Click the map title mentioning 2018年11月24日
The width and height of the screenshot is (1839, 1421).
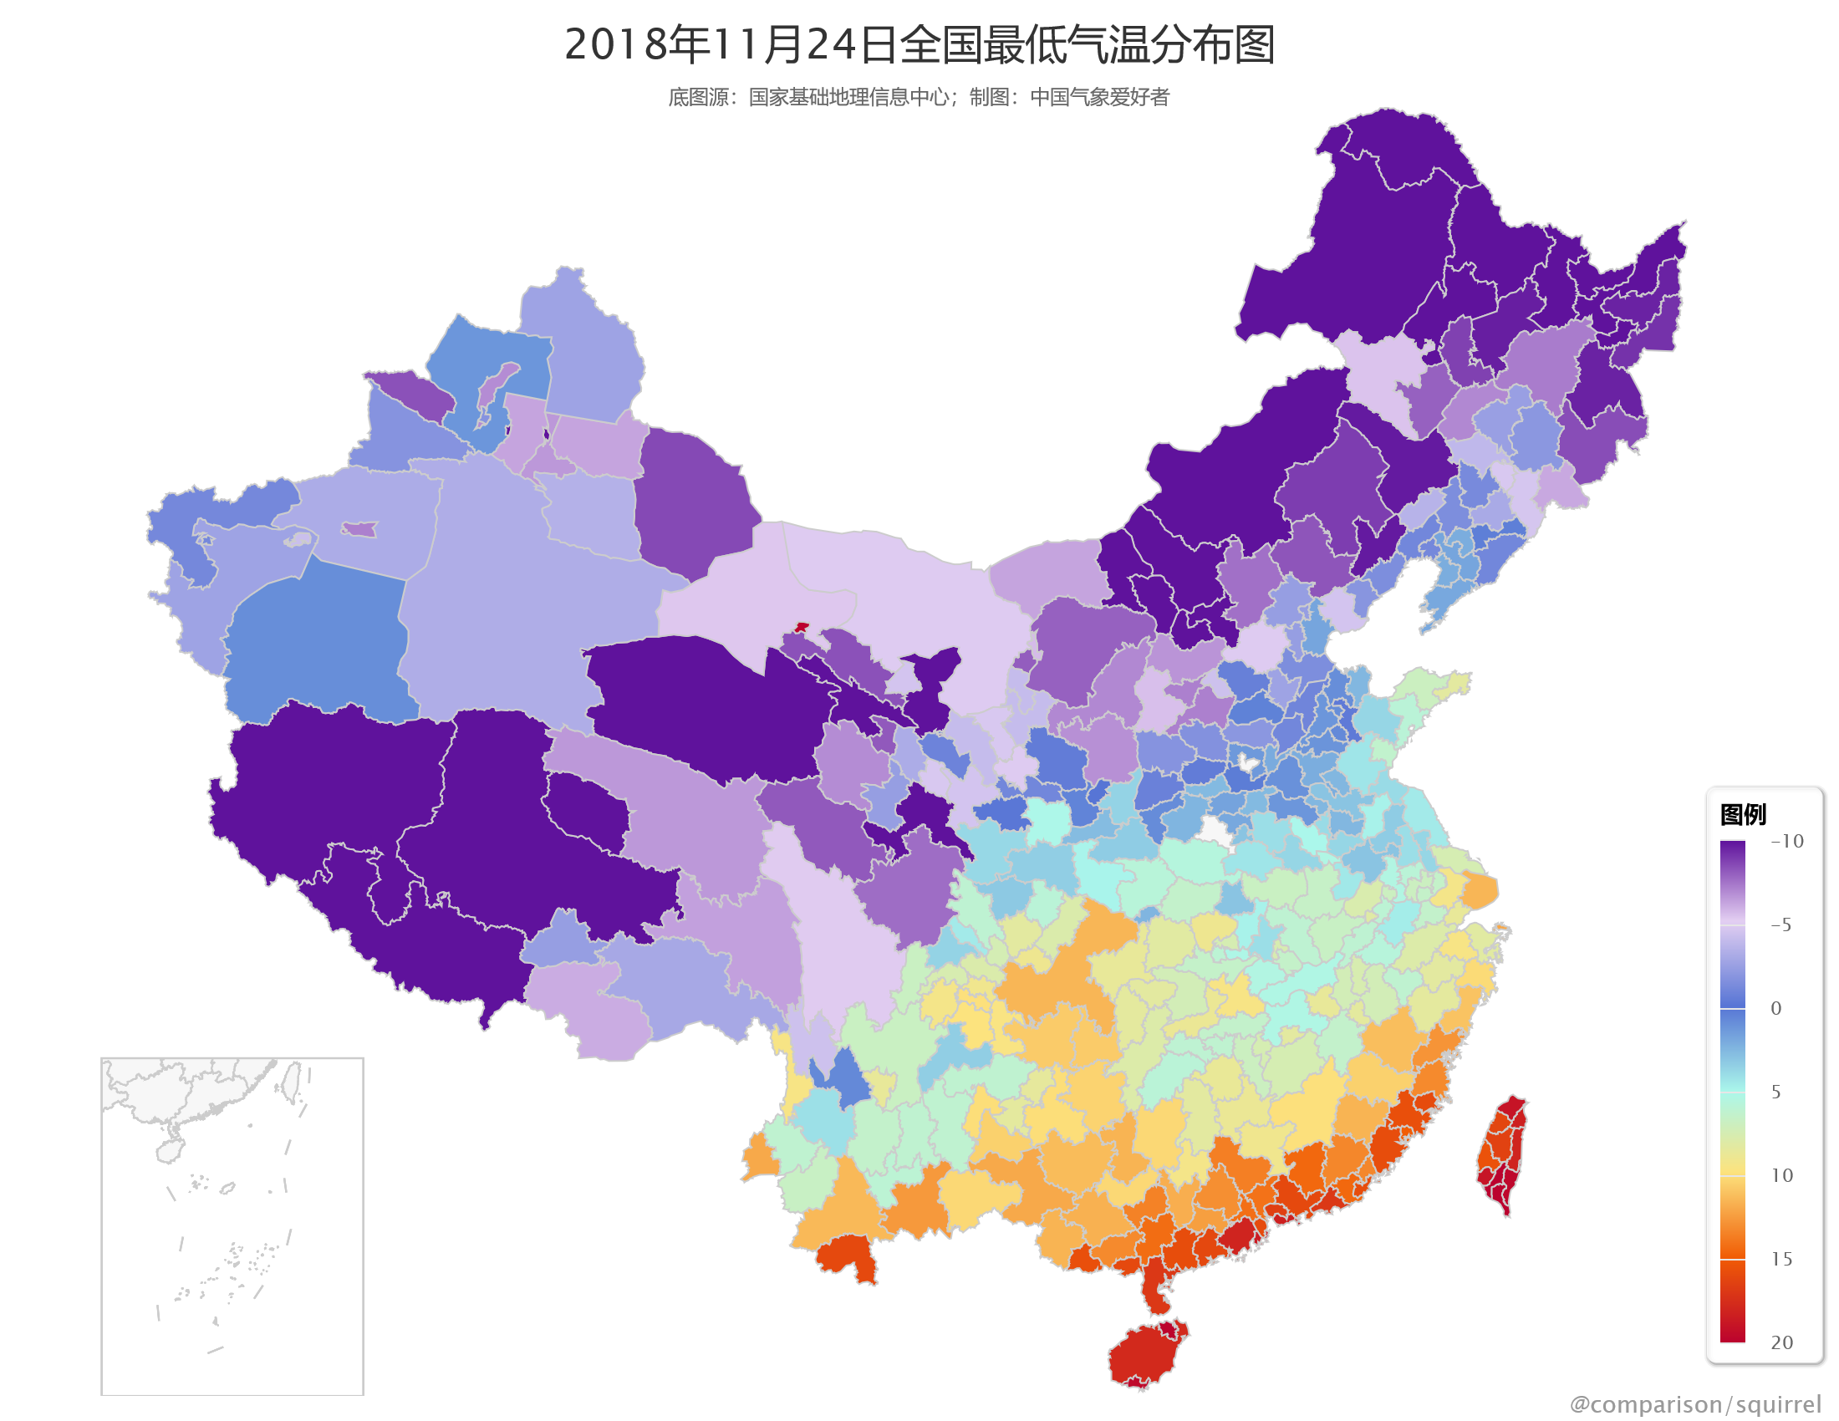(x=919, y=44)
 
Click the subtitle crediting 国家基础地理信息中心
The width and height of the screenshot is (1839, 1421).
(x=919, y=98)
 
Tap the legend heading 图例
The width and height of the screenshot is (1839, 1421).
(x=1742, y=814)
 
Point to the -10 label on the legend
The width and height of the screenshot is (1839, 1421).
(x=1786, y=841)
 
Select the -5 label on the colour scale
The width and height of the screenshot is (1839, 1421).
(x=1780, y=924)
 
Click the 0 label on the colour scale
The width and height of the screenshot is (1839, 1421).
(x=1775, y=1009)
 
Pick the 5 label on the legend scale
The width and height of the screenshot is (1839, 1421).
(x=1775, y=1092)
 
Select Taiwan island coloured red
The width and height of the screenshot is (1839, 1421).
(x=1503, y=1154)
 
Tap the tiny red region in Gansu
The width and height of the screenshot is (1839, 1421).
(x=801, y=627)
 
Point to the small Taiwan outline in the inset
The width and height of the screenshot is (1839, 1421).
(x=291, y=1082)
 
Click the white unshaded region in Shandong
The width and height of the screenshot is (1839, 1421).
(x=1248, y=764)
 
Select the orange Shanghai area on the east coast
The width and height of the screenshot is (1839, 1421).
(x=1480, y=891)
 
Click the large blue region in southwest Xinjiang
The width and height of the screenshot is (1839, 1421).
(x=316, y=639)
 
